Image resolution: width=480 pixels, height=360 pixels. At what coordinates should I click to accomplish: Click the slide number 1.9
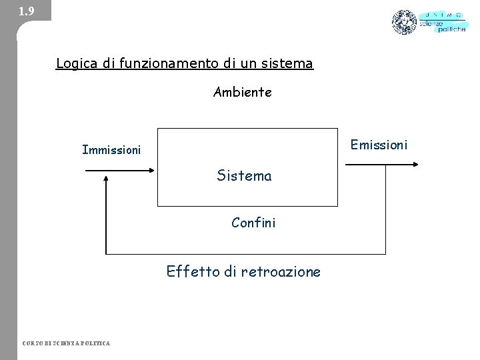[26, 11]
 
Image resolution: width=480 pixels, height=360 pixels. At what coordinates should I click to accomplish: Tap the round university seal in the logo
[404, 22]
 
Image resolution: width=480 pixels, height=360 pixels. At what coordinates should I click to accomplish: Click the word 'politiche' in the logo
[452, 31]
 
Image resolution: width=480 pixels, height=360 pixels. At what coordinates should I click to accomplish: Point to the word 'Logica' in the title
[76, 64]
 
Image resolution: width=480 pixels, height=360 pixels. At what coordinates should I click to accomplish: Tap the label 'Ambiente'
[243, 93]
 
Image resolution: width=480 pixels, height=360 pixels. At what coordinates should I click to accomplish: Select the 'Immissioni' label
[111, 150]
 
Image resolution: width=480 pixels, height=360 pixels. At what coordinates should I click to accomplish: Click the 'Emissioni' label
[378, 145]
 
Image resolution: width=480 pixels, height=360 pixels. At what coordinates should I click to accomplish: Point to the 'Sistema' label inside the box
[244, 176]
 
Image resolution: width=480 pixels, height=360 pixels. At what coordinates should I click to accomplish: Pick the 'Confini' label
[253, 223]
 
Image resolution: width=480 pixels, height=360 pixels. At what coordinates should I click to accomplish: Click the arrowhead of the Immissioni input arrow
[151, 170]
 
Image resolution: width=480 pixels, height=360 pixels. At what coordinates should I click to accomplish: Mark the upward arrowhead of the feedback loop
[107, 177]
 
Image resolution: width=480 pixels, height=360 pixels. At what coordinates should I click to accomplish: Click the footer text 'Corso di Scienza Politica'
[66, 343]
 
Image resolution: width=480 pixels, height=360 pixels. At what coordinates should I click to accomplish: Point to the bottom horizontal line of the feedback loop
[246, 254]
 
